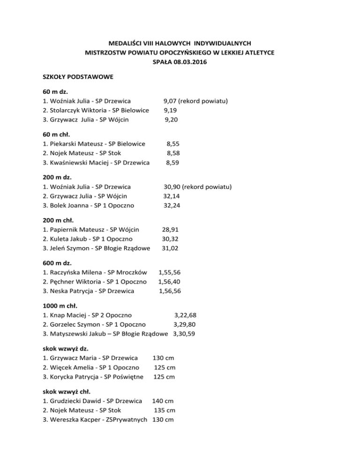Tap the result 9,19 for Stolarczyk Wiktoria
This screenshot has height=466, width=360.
pos(171,110)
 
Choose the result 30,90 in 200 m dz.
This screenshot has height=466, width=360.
pos(172,187)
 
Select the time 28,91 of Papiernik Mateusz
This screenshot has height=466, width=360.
pos(170,230)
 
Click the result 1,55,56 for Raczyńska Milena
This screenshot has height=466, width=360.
pos(170,272)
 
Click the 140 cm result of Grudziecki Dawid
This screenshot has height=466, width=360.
pos(163,401)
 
